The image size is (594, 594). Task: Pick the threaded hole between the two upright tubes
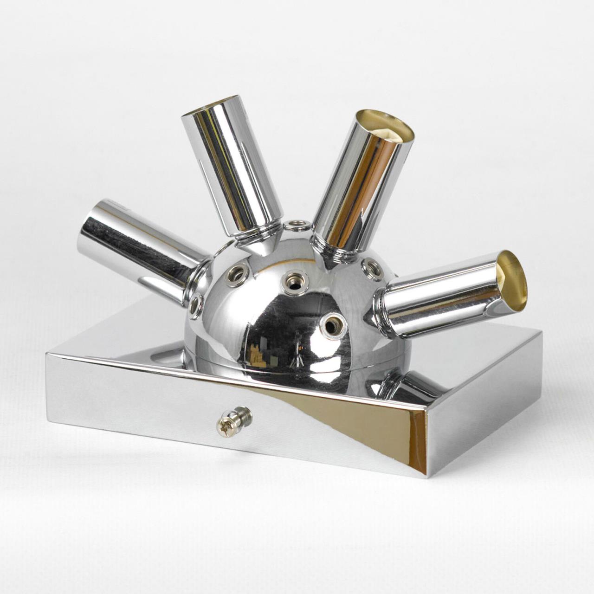click(x=297, y=226)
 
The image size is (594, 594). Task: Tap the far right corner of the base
click(x=541, y=331)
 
